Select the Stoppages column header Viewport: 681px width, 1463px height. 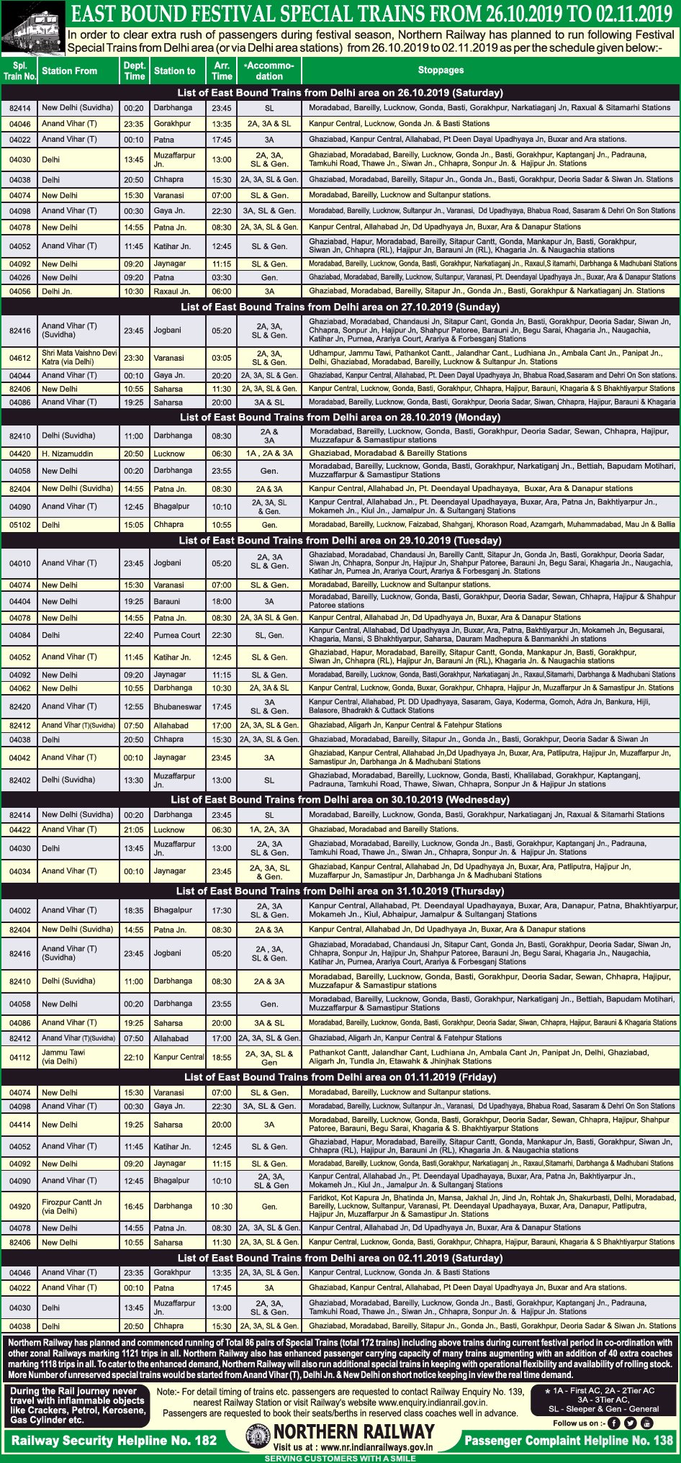[x=441, y=70]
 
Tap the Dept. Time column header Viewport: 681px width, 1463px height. [x=135, y=70]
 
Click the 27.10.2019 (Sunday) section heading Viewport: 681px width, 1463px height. [x=340, y=307]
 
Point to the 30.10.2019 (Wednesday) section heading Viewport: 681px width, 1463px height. [x=340, y=799]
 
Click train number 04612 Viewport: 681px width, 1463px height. [x=19, y=358]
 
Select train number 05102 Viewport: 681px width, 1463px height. [x=19, y=525]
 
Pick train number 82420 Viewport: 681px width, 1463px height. [x=19, y=706]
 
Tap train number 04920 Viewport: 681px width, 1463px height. [x=19, y=1206]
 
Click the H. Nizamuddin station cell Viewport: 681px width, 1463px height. [x=67, y=454]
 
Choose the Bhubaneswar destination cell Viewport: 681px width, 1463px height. [x=177, y=706]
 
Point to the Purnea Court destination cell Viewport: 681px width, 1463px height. [x=177, y=635]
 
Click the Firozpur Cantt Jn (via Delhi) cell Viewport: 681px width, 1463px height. [x=72, y=1206]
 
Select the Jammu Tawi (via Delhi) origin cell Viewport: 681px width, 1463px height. [x=63, y=1057]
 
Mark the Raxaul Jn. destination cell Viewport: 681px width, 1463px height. [x=172, y=292]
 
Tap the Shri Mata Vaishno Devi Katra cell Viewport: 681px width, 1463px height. [x=78, y=357]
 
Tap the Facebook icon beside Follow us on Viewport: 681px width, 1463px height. [x=614, y=1423]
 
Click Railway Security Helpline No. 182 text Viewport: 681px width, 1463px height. [x=114, y=1440]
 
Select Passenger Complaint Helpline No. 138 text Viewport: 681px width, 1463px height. [x=569, y=1440]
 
